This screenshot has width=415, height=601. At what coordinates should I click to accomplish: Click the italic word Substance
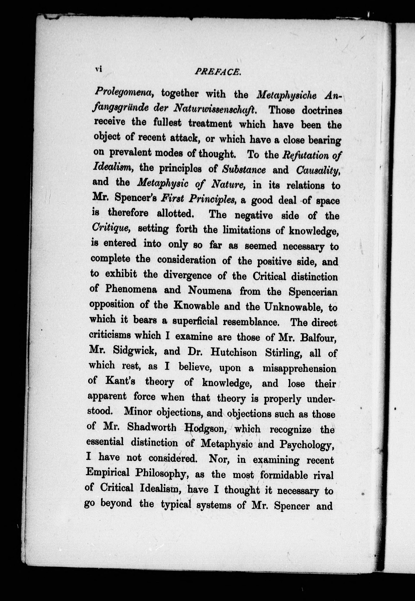pos(244,170)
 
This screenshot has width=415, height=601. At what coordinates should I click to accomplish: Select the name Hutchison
pos(234,353)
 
